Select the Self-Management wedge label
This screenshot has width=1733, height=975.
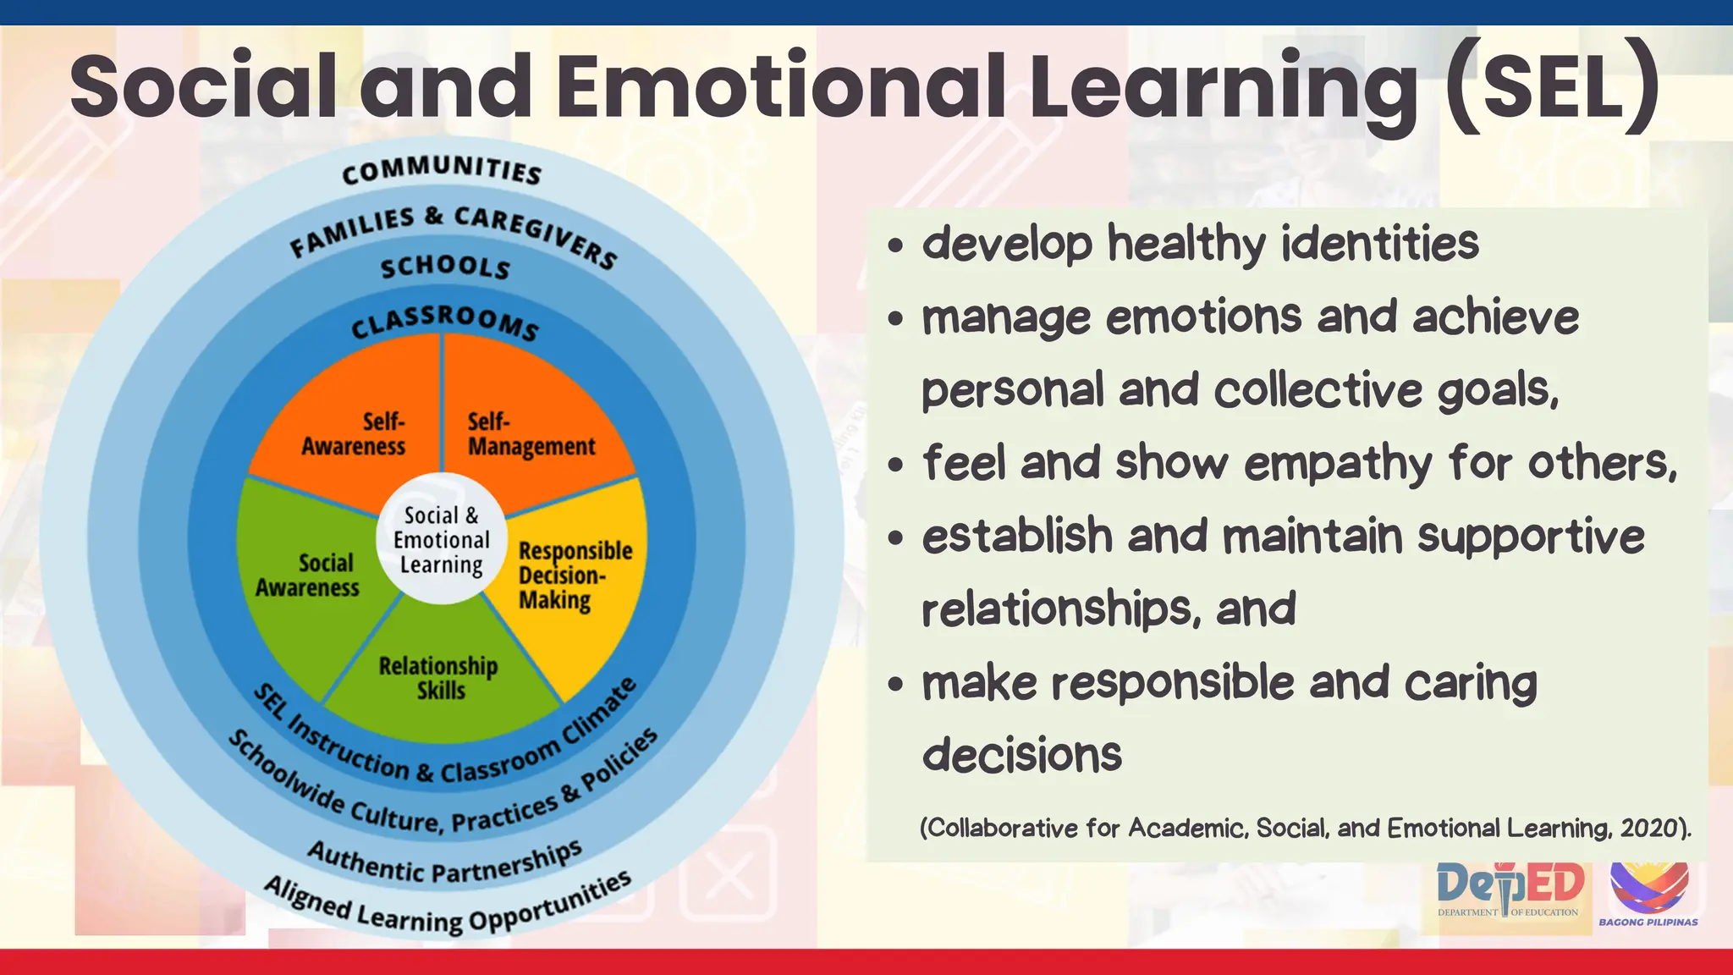coord(531,433)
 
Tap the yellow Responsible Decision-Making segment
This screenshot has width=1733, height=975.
coord(575,576)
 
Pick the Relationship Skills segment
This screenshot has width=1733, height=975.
coord(438,678)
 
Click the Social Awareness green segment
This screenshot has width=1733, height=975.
coord(308,576)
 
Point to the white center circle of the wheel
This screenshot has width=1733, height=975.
coord(441,539)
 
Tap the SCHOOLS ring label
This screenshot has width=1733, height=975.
coord(445,267)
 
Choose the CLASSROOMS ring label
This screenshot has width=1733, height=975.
coord(445,322)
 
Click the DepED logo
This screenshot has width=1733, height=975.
coord(1510,889)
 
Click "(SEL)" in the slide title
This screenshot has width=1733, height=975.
coord(1552,86)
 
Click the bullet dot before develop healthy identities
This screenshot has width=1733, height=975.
coord(896,246)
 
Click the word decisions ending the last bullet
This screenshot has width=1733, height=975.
coord(1021,755)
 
